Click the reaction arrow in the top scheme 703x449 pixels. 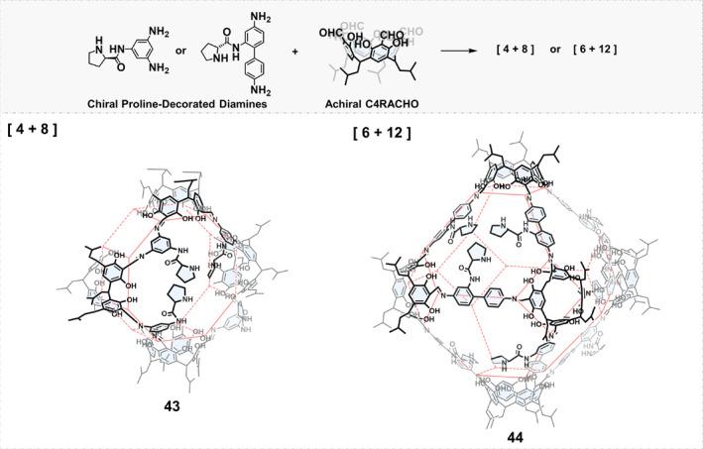click(x=485, y=49)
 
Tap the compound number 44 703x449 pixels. click(x=514, y=436)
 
